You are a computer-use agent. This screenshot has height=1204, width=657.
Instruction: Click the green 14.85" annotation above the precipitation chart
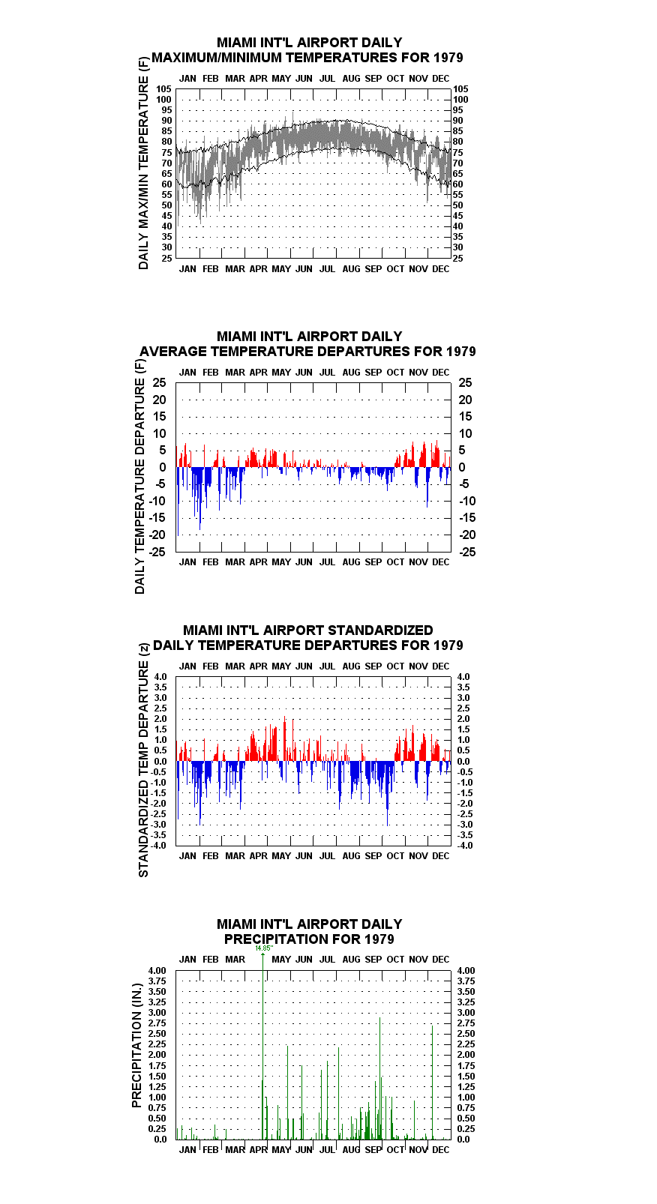point(264,948)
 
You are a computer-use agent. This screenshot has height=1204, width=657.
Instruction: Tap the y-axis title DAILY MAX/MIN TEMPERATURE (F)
point(143,163)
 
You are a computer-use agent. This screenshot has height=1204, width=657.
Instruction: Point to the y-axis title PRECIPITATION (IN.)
point(136,1045)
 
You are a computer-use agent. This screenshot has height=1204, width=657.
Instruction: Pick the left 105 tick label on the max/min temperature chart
point(164,89)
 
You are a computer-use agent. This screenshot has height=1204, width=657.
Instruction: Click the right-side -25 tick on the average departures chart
point(467,552)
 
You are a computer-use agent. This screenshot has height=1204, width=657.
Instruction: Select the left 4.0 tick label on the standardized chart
point(160,677)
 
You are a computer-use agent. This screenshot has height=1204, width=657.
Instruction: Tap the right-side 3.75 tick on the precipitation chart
point(466,981)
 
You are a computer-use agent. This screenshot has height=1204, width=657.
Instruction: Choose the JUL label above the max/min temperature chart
point(328,79)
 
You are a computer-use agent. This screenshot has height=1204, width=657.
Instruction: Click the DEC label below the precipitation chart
point(441,1150)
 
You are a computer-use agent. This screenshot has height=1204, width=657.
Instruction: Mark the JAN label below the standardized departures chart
point(187,855)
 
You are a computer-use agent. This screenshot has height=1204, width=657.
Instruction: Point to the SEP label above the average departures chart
point(373,372)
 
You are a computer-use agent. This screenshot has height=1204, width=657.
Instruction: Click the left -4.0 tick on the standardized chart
point(158,846)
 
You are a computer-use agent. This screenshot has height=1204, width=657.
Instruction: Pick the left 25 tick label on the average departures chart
point(160,382)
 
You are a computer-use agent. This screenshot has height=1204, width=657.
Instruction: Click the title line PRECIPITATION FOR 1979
point(309,939)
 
